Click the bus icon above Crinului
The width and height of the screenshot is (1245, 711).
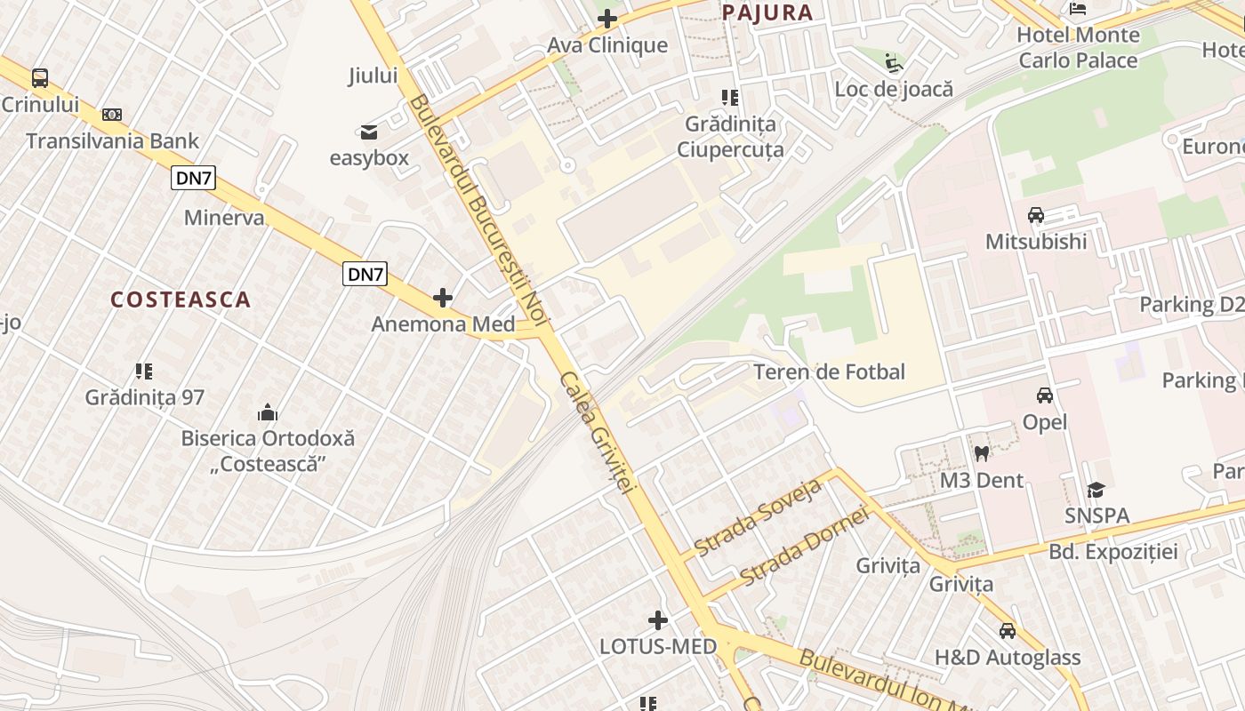pos(40,77)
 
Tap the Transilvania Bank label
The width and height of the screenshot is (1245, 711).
pos(112,140)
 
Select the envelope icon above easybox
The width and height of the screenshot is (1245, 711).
pos(368,132)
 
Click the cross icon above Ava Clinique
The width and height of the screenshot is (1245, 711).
pos(607,18)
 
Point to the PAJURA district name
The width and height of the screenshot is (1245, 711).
pos(767,12)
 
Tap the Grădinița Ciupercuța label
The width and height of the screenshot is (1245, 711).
pos(730,136)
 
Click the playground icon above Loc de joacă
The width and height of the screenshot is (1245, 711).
pos(894,63)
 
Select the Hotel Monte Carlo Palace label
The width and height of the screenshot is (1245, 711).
pos(1078,47)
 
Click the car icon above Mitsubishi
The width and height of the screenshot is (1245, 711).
pos(1036,215)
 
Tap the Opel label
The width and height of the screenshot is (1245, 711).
pos(1045,422)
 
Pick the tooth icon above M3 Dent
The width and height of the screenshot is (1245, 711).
pos(982,453)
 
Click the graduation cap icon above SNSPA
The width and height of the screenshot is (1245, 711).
pos(1096,490)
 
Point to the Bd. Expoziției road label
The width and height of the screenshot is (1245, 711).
pos(1112,552)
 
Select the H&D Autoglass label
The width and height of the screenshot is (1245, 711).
pos(1007,658)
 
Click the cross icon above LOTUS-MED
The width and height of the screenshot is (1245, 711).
pos(658,619)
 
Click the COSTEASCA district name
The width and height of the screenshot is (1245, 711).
pos(181,300)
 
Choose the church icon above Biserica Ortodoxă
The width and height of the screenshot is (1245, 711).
pos(268,412)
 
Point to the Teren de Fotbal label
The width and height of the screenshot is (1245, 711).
pos(829,371)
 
